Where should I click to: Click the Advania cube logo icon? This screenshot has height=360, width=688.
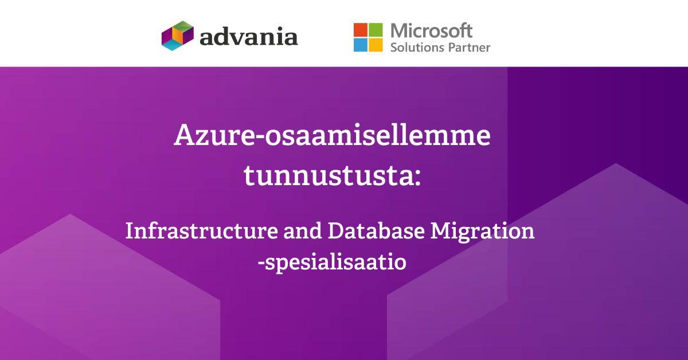point(178,35)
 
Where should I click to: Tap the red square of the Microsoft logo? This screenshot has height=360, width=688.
point(360,29)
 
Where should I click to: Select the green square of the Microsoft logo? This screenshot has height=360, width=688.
point(375,29)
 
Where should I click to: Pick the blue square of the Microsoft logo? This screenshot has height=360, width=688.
point(360,44)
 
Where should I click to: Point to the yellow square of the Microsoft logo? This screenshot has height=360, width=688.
point(375,44)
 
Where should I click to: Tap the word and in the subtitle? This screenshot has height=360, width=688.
point(306,232)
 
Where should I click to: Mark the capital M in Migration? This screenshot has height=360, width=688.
point(443,231)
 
